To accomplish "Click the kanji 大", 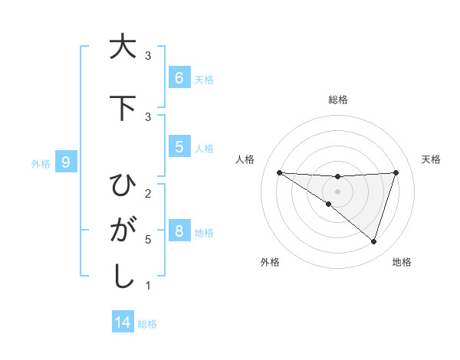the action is pyautogui.click(x=122, y=47).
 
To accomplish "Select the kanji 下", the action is pyautogui.click(x=122, y=108).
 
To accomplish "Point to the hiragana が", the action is pyautogui.click(x=122, y=231).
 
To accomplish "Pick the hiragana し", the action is pyautogui.click(x=122, y=277).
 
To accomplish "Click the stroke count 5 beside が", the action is pyautogui.click(x=148, y=240).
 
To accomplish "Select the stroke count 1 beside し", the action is pyautogui.click(x=148, y=286).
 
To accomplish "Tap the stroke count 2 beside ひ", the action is pyautogui.click(x=148, y=193).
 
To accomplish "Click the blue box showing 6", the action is pyautogui.click(x=179, y=77).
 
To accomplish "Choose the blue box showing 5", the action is pyautogui.click(x=179, y=146).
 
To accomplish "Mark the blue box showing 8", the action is pyautogui.click(x=179, y=231).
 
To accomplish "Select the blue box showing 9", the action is pyautogui.click(x=66, y=162).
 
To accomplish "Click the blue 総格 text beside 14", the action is pyautogui.click(x=147, y=324).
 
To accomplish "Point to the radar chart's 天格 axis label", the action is pyautogui.click(x=431, y=159).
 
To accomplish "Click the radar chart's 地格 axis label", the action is pyautogui.click(x=402, y=262).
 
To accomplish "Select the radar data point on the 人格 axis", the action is pyautogui.click(x=279, y=172).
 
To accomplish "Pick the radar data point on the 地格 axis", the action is pyautogui.click(x=373, y=241).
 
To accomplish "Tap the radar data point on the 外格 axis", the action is pyautogui.click(x=328, y=204).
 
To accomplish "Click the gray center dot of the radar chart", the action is pyautogui.click(x=337, y=191).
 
